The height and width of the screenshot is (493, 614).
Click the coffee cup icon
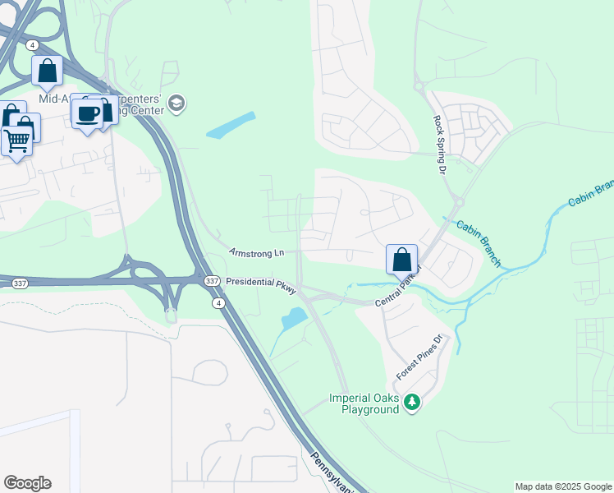87,113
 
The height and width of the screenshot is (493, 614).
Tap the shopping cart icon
16,141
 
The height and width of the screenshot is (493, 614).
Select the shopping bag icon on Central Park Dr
401,260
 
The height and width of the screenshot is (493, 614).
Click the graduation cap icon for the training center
176,104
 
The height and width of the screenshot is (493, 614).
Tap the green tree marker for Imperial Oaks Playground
413,402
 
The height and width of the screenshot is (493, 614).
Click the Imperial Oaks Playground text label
364,403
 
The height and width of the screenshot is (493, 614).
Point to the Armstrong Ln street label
256,252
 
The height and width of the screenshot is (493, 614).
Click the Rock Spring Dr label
438,145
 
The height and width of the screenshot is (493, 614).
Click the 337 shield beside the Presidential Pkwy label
212,281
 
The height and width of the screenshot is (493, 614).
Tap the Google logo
27,483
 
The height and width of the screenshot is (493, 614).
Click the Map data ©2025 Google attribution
563,486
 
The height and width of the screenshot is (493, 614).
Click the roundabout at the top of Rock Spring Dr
418,85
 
